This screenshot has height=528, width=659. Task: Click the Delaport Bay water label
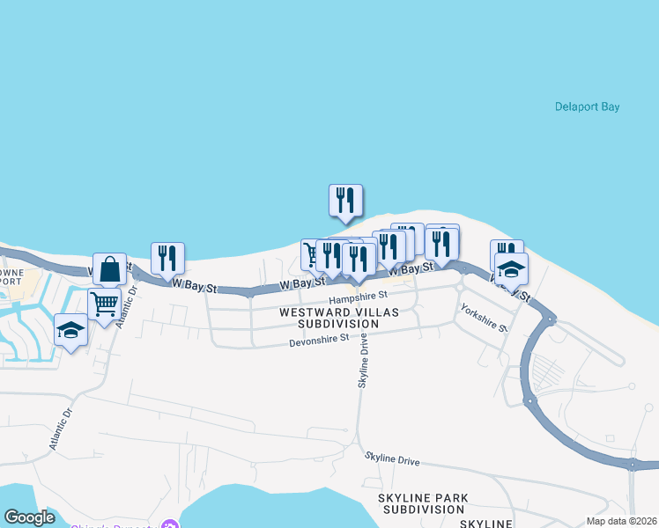tap(587, 107)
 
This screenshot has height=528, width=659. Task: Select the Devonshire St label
tap(319, 337)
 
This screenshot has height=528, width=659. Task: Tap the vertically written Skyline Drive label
tap(362, 364)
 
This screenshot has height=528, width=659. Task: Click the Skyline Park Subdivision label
tap(422, 504)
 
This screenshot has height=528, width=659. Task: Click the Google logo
tap(29, 517)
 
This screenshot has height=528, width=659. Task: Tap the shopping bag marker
tap(109, 268)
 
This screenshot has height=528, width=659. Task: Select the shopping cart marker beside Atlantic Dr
tap(104, 304)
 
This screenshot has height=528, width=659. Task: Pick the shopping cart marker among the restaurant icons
tap(313, 254)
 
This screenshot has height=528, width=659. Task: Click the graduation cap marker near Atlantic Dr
tap(70, 330)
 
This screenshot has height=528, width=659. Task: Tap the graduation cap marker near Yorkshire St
tap(511, 268)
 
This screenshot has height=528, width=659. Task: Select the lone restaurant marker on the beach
tap(345, 200)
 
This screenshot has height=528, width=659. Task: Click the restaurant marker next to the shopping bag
tap(167, 258)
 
